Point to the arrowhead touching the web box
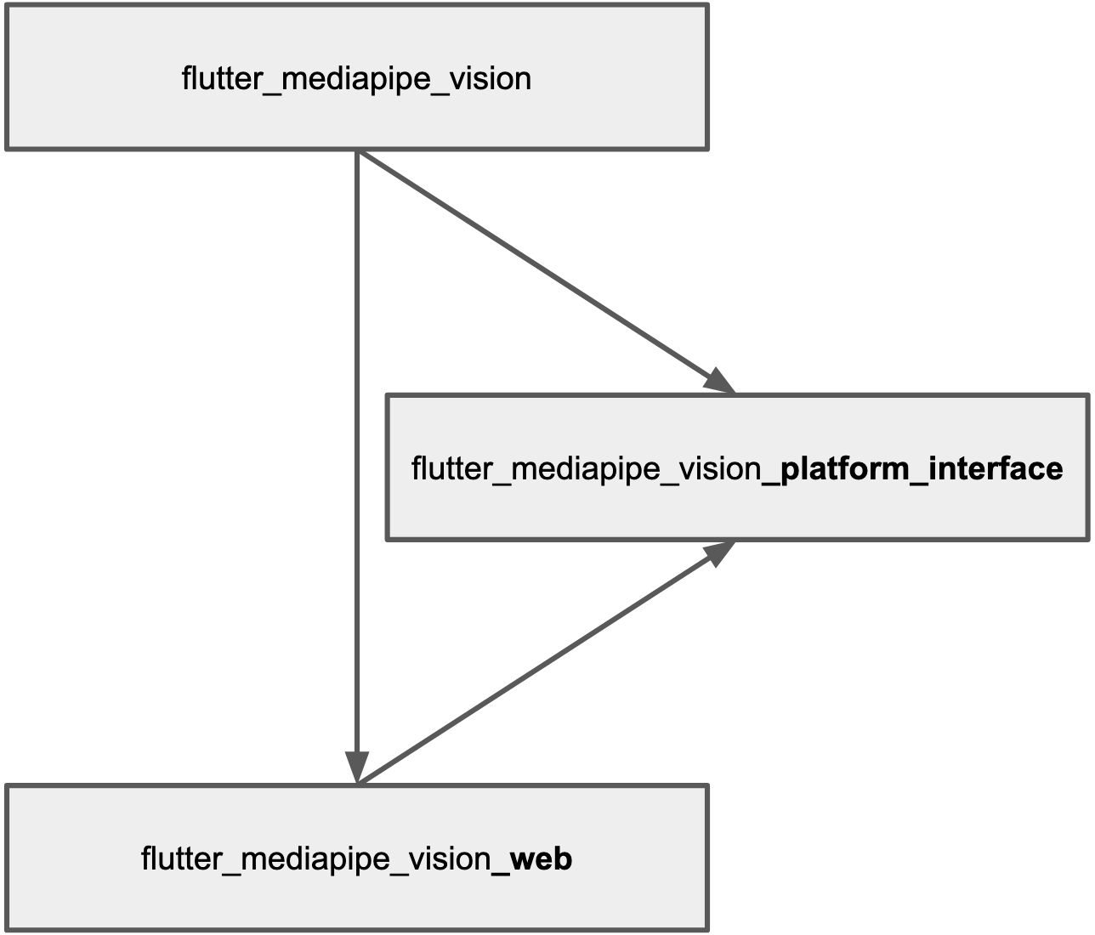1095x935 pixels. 357,767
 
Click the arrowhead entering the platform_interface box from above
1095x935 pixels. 719,381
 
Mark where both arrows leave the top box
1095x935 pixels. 358,152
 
